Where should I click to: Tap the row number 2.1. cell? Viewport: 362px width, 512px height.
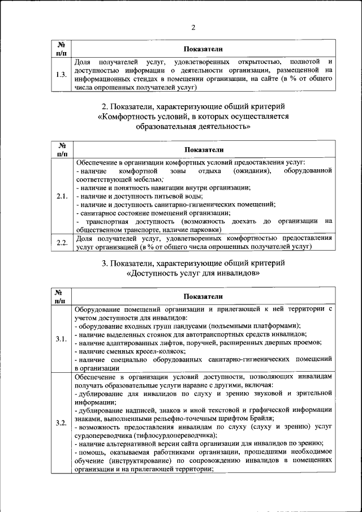[x=62, y=196]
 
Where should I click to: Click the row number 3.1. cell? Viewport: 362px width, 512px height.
[x=62, y=338]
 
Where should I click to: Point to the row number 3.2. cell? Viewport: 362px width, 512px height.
[x=62, y=423]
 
